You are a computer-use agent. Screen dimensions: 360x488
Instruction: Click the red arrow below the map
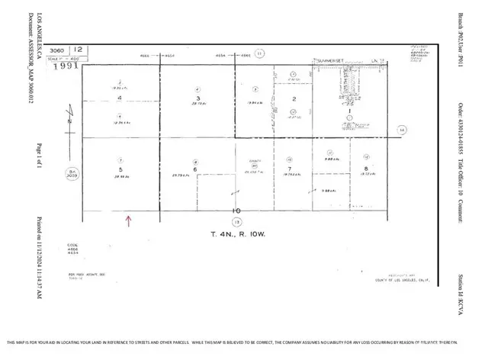(x=128, y=221)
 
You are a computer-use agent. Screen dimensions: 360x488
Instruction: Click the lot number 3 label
(x=197, y=98)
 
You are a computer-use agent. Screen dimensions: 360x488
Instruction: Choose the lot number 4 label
(x=119, y=98)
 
